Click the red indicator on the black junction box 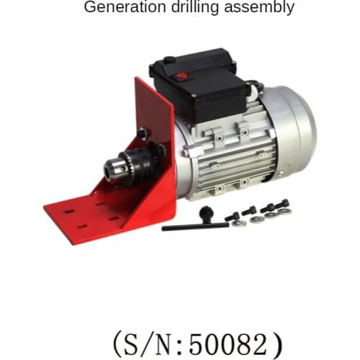click(x=182, y=74)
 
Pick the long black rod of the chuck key click(x=194, y=226)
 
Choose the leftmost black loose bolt click(x=232, y=216)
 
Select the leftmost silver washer click(x=240, y=222)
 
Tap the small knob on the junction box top click(x=168, y=60)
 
